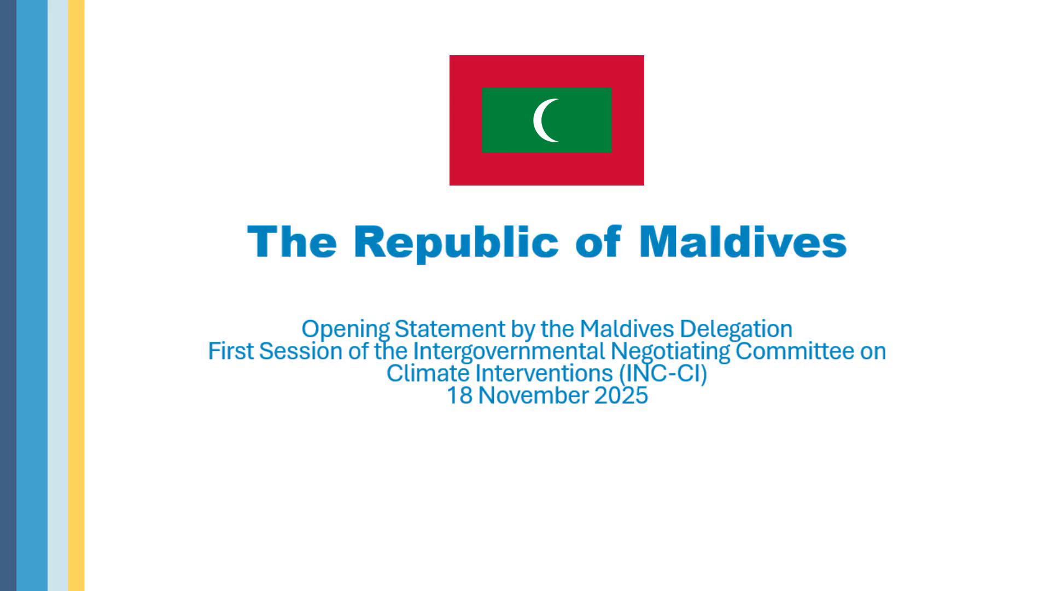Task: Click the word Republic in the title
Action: point(457,242)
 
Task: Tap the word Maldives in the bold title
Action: point(743,241)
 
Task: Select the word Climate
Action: point(428,373)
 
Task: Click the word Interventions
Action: point(544,373)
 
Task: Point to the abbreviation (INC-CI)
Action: point(663,374)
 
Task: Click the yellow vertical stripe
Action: point(77,296)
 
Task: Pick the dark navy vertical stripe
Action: point(8,296)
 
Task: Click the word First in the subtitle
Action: point(230,351)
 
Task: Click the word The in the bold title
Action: point(292,241)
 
